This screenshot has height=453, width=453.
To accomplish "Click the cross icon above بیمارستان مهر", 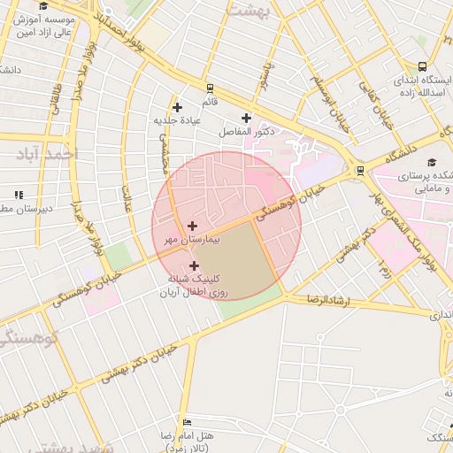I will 193,226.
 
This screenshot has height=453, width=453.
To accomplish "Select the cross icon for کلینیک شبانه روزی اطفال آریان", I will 194,265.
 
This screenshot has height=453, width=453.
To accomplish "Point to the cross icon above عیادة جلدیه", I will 178,107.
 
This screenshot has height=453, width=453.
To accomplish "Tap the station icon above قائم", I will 210,88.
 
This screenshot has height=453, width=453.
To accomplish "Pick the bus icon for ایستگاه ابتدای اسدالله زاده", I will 423,66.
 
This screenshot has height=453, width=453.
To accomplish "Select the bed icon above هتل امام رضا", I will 186,422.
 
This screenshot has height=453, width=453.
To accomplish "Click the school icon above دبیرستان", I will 19,194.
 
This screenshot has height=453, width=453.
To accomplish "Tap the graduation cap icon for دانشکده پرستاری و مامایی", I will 432,163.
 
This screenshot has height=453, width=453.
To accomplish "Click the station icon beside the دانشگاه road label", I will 359,171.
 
